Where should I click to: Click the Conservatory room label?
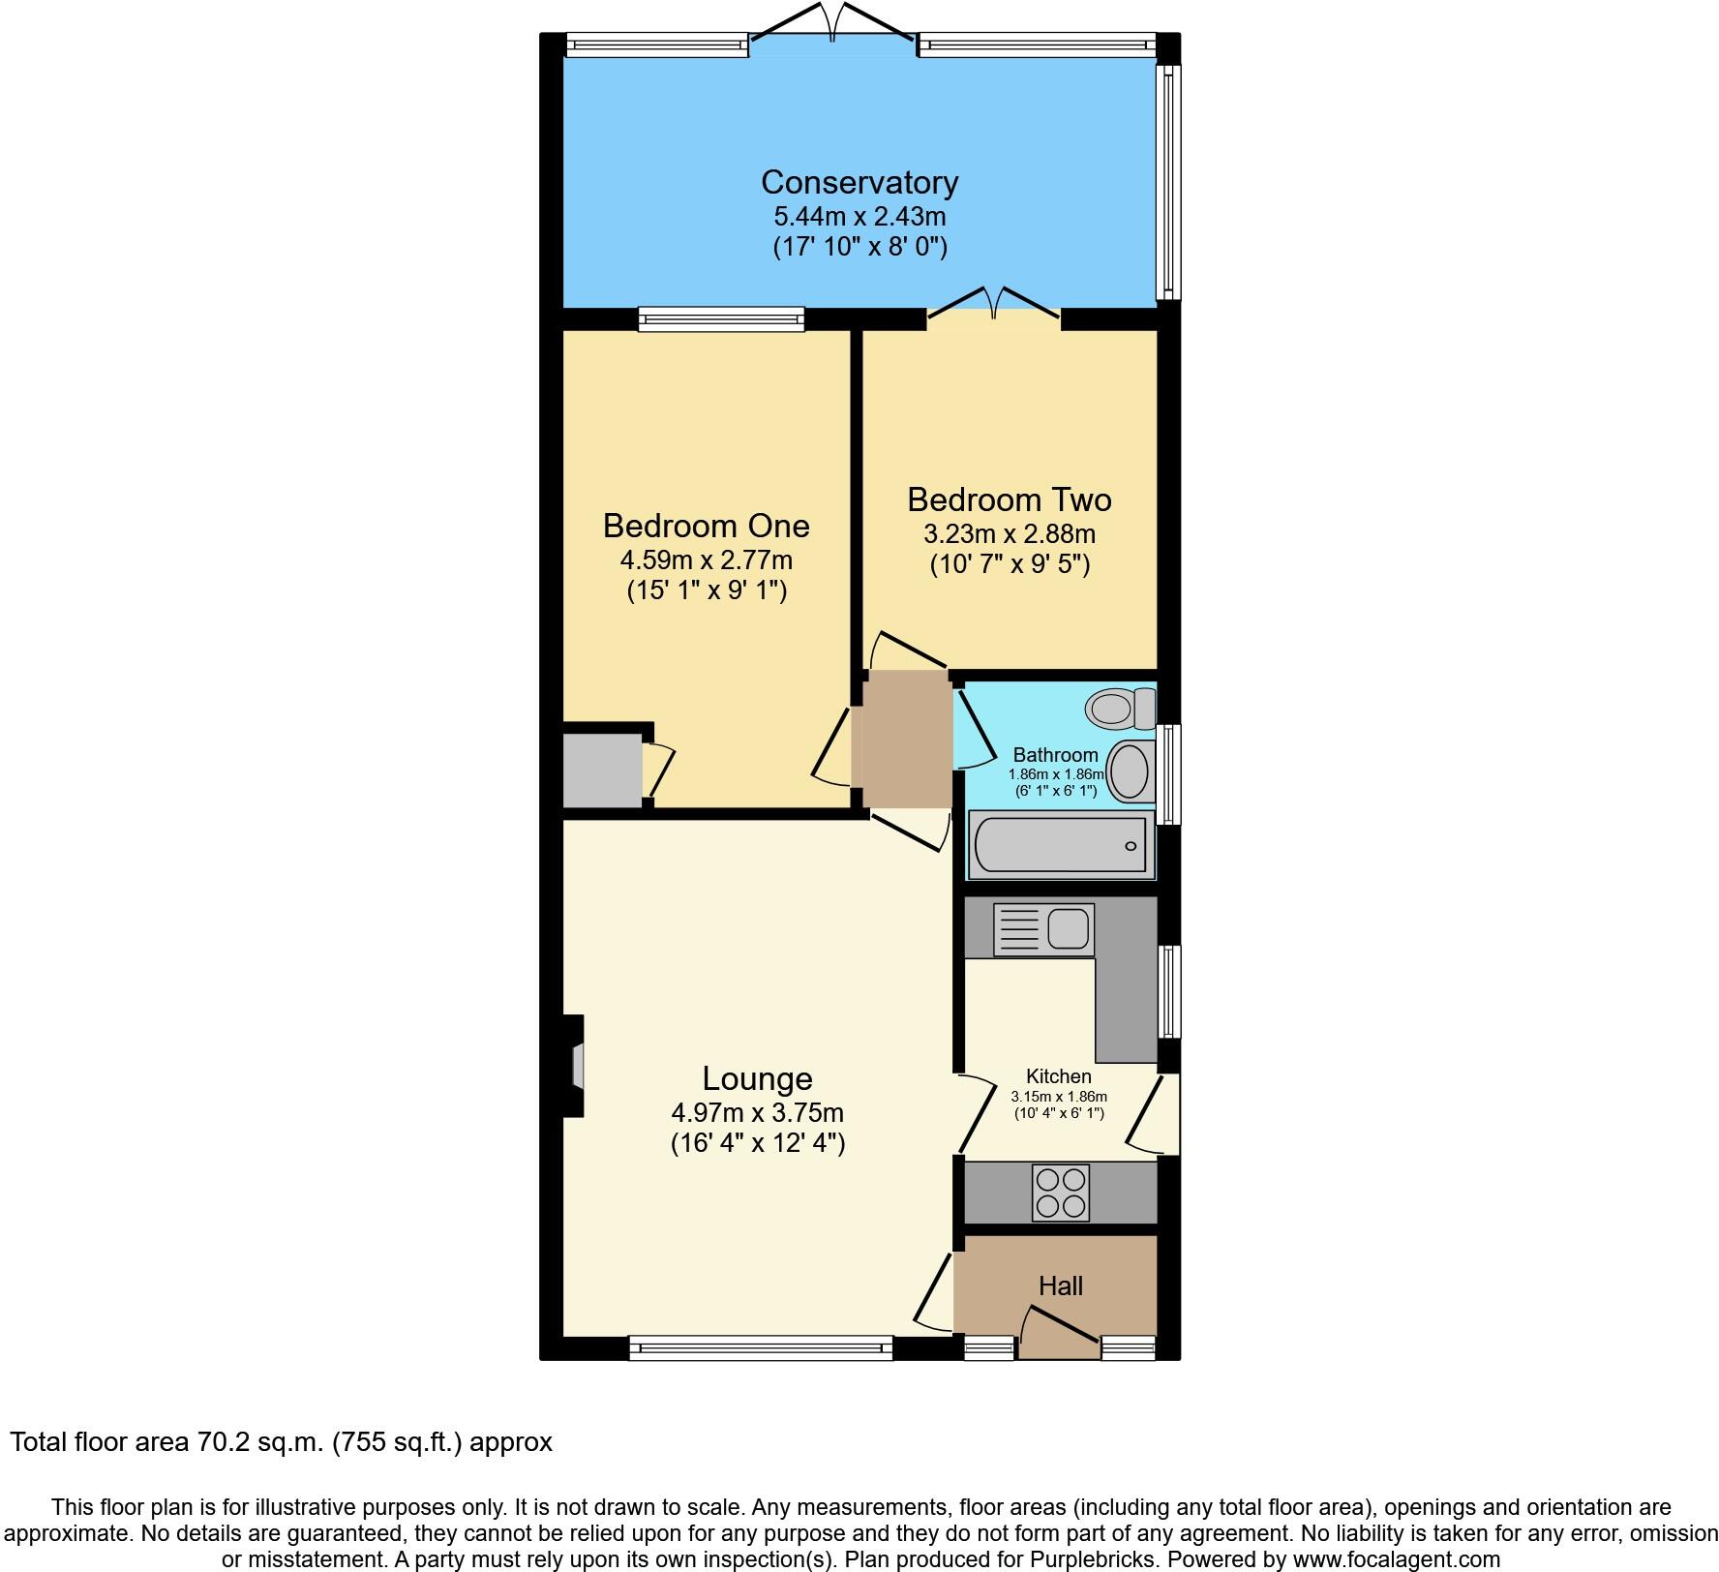click(859, 182)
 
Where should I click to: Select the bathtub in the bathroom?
click(1061, 845)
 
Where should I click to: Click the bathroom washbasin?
click(1130, 771)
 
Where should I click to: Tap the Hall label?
click(1060, 1285)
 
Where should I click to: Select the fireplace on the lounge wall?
click(575, 1066)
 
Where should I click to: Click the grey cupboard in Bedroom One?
click(602, 771)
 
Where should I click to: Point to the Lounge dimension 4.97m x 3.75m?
click(757, 1113)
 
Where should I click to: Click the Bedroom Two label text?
click(1009, 499)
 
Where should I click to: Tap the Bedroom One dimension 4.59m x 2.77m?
click(706, 559)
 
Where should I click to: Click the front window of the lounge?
click(760, 1347)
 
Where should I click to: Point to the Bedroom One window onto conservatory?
click(721, 318)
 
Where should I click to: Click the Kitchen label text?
click(1058, 1075)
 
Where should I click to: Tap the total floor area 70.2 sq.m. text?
click(281, 1441)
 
